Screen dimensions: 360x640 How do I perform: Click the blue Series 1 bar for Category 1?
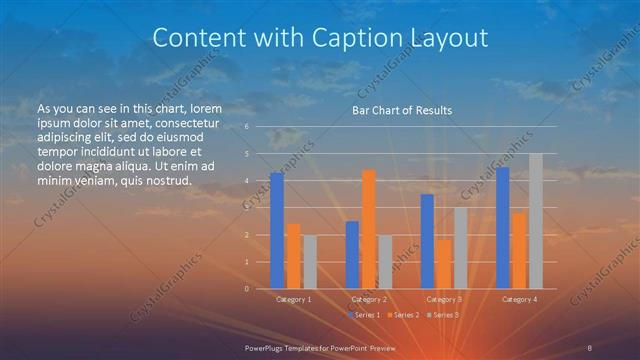click(x=277, y=231)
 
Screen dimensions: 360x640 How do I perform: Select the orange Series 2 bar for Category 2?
click(x=369, y=229)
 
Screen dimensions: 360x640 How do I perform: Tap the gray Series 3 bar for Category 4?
click(x=536, y=221)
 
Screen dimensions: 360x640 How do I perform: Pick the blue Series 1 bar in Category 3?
click(x=427, y=241)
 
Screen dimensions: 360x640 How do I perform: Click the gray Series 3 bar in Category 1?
click(x=310, y=262)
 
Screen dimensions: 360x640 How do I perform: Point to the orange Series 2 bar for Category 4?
click(x=519, y=250)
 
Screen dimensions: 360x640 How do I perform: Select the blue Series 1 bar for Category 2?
click(x=352, y=255)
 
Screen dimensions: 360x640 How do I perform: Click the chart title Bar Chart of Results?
click(x=402, y=110)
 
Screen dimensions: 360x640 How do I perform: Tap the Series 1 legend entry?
click(x=364, y=315)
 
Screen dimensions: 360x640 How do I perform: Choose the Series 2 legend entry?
click(x=402, y=315)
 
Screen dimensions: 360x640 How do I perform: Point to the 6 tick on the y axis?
click(x=247, y=127)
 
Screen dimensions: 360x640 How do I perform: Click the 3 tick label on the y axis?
click(x=247, y=208)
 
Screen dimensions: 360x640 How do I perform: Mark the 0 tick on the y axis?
click(x=247, y=289)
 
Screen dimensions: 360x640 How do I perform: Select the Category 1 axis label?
click(x=293, y=299)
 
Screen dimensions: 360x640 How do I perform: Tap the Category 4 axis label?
click(x=519, y=299)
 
